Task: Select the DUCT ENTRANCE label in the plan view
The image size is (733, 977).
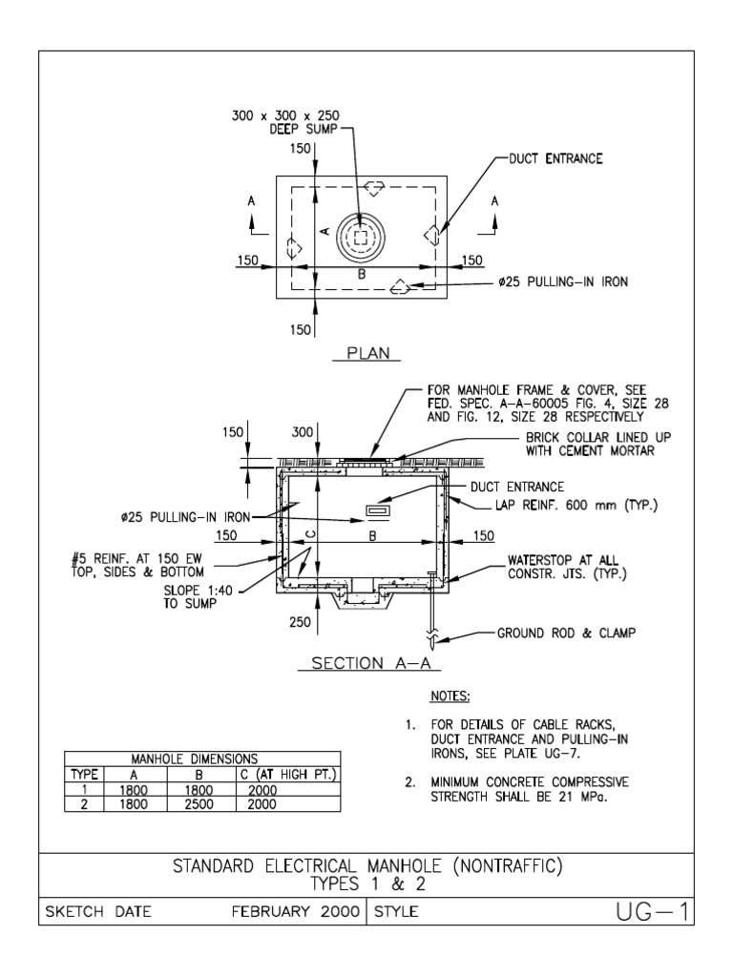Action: pyautogui.click(x=555, y=158)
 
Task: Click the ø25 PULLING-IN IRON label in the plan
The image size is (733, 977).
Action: pyautogui.click(x=562, y=281)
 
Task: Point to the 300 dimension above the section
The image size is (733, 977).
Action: pyautogui.click(x=303, y=432)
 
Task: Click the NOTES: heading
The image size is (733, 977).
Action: pyautogui.click(x=449, y=696)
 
